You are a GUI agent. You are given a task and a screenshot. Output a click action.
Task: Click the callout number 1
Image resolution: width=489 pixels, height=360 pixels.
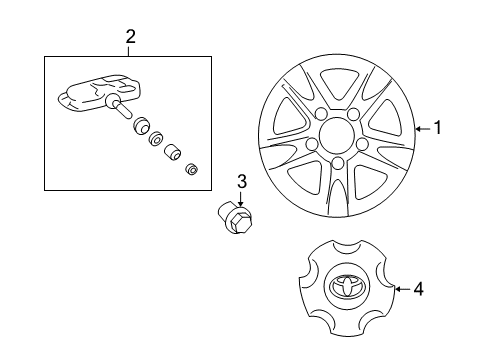coord(438,128)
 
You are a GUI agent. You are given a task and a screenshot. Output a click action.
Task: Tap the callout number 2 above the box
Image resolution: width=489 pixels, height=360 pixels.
coord(131,37)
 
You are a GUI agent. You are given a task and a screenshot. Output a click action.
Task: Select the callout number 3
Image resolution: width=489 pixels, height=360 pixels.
coord(242,182)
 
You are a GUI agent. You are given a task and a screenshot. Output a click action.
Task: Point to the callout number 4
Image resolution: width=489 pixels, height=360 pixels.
coord(418,289)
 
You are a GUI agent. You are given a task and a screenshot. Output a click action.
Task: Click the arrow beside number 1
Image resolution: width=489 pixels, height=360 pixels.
coord(423,128)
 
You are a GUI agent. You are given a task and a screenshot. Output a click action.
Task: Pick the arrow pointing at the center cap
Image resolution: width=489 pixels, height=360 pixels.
coord(403,289)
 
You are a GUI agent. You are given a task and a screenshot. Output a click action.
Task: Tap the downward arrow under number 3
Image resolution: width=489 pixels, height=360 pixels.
coord(241,200)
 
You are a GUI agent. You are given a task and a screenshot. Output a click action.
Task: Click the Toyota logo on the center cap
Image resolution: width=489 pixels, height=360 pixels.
coord(347,286)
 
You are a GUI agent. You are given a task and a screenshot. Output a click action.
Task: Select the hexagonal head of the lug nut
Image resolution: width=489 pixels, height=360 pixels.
coord(239,222)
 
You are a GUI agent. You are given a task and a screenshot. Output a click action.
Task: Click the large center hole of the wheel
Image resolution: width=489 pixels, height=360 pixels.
coord(335,135)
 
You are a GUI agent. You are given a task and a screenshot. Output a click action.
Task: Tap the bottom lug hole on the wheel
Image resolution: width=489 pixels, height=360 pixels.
coord(338,163)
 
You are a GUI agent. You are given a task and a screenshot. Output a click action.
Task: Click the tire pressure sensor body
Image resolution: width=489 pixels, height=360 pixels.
coord(100,93)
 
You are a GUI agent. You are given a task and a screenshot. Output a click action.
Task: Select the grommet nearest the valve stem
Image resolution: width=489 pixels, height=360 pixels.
coord(141,125)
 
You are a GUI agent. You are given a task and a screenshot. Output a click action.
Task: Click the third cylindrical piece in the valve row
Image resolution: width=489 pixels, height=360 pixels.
coord(172,151)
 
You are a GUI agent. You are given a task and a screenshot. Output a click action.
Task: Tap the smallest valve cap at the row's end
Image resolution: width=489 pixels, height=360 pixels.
coord(192,169)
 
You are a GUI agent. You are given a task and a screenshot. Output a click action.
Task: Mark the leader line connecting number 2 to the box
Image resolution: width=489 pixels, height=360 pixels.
coord(129,51)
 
